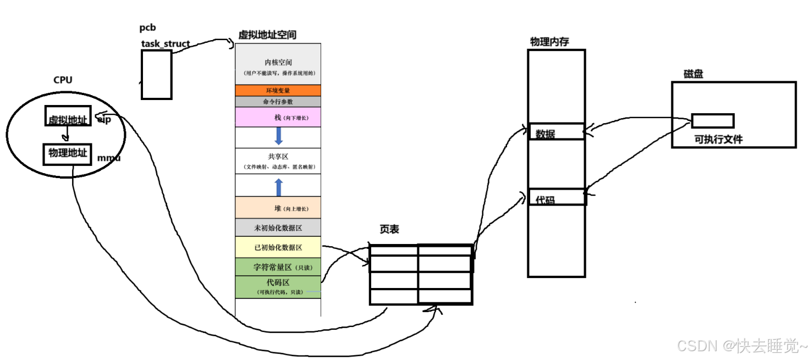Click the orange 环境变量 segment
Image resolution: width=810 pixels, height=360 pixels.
coord(278,90)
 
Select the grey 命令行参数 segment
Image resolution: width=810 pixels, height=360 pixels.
coord(278,102)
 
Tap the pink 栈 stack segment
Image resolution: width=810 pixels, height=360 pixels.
coord(278,118)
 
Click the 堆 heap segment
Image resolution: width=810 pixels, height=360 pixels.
coord(278,208)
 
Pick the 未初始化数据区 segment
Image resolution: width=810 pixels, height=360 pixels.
coord(278,228)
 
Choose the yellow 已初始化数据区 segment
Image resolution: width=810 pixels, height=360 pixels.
coord(278,247)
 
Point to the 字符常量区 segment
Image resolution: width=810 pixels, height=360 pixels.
coord(278,267)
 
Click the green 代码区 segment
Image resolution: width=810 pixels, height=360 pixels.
coord(278,286)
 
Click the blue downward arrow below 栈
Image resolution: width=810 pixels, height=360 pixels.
coord(278,136)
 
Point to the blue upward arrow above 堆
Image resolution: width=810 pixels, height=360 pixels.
coord(278,187)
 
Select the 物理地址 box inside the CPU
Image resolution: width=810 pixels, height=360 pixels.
coord(67,154)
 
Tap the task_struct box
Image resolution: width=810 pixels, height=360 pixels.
coord(156,75)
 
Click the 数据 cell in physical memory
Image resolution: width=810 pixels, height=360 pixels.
coord(556,132)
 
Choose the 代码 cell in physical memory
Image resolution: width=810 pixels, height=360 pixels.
coord(556,197)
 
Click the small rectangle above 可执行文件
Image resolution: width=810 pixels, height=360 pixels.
coord(713,120)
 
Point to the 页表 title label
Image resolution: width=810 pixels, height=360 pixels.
coord(389,230)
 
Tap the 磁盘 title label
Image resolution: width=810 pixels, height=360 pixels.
coord(693,74)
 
